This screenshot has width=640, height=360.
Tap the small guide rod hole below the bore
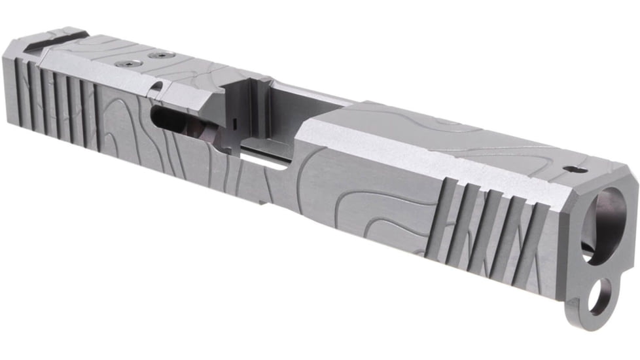pyautogui.click(x=598, y=295)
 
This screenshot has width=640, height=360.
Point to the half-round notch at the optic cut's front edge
pyautogui.click(x=155, y=87)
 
